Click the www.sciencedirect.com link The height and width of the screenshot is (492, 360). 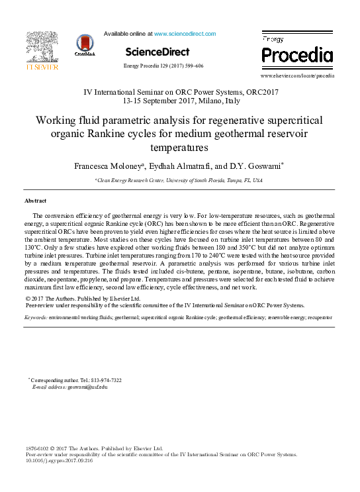[x=185, y=34]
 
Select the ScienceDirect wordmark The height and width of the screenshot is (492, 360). [x=157, y=52]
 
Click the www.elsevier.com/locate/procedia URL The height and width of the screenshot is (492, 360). [x=297, y=76]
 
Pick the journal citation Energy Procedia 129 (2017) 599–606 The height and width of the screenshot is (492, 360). [x=163, y=66]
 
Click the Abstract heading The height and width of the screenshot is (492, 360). [x=35, y=200]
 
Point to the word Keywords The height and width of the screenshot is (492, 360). [x=36, y=318]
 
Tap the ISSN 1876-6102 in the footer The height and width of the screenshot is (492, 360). [x=38, y=448]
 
